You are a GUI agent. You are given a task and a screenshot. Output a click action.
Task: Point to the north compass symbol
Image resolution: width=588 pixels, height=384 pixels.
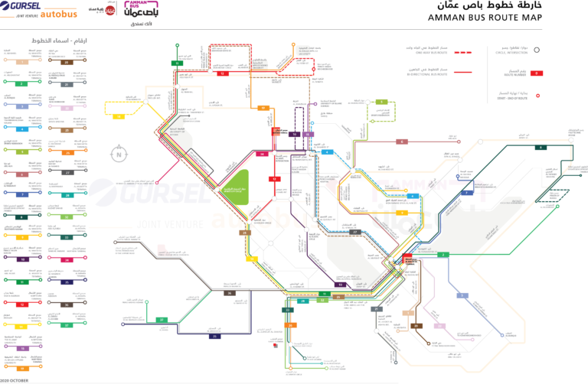(x=119, y=154)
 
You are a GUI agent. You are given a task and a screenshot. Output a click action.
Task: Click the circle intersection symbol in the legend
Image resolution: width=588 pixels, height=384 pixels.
(x=537, y=50)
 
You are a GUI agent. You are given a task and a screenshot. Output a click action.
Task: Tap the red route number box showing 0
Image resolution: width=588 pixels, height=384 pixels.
(x=536, y=73)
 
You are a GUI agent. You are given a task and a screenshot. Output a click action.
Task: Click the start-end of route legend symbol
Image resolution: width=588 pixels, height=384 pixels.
(x=537, y=96)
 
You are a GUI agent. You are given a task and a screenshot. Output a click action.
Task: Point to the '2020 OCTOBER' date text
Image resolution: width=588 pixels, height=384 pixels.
(x=15, y=379)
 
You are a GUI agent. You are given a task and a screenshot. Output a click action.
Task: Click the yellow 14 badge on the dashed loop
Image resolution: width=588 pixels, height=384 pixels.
(x=119, y=117)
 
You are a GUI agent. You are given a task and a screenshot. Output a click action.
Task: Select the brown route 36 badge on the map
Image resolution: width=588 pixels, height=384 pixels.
(x=228, y=293)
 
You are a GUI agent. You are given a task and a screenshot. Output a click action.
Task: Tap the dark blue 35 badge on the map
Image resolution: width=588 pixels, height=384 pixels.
(x=215, y=336)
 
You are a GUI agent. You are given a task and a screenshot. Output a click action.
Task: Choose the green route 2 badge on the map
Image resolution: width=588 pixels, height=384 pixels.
(x=443, y=254)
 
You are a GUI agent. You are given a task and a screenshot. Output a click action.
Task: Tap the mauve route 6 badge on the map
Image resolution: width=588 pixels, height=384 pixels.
(x=400, y=142)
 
